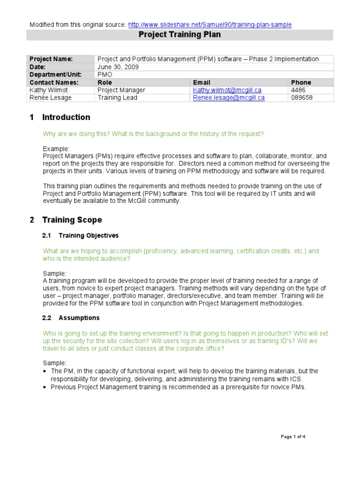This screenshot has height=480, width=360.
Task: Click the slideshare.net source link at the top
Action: (x=210, y=24)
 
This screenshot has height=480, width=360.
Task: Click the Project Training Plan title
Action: (x=180, y=35)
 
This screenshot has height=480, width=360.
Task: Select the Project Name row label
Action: (x=51, y=59)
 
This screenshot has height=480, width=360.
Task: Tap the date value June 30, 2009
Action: (x=118, y=67)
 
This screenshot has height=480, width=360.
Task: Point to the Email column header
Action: (x=202, y=82)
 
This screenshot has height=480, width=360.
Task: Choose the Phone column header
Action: (x=301, y=82)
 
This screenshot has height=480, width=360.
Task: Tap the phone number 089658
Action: (x=301, y=98)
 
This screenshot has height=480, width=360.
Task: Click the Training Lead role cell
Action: (x=117, y=98)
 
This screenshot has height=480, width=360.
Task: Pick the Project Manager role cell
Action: (x=121, y=90)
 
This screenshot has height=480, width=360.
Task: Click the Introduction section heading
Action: (x=66, y=117)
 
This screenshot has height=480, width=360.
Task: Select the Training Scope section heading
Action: (x=72, y=220)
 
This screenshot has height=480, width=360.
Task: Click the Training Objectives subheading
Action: (x=88, y=235)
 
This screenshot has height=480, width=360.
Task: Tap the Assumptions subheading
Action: (x=79, y=318)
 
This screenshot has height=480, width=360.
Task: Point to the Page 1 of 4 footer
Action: (x=293, y=436)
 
